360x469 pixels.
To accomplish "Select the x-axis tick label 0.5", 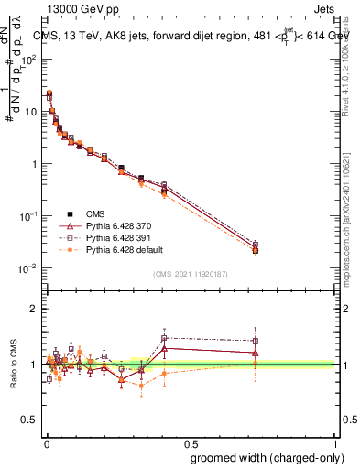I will pyautogui.click(x=190, y=441).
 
